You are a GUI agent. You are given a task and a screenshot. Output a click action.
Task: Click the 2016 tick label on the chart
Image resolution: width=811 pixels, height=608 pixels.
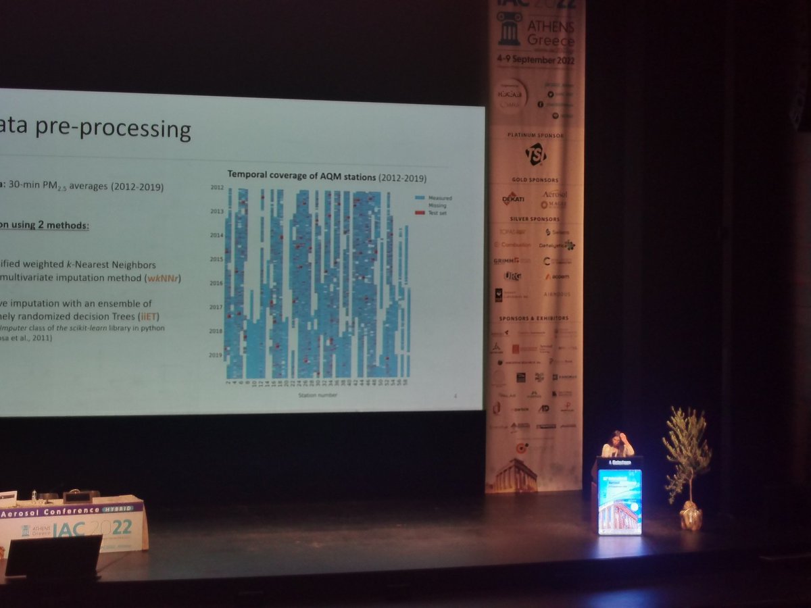pyautogui.click(x=216, y=283)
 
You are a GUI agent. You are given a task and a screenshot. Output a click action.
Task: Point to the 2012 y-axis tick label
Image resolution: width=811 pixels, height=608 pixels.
pyautogui.click(x=216, y=187)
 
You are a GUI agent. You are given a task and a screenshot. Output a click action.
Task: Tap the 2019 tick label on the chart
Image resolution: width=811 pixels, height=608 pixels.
pyautogui.click(x=216, y=355)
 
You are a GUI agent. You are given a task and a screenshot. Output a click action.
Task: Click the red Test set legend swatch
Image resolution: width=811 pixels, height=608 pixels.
pyautogui.click(x=419, y=213)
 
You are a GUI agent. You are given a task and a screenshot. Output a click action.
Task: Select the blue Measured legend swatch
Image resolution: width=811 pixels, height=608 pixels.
pyautogui.click(x=419, y=198)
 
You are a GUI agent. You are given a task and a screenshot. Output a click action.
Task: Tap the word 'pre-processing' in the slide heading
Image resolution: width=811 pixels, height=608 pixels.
pyautogui.click(x=135, y=129)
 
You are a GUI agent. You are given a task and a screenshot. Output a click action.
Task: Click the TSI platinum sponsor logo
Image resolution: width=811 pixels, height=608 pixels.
pyautogui.click(x=535, y=154)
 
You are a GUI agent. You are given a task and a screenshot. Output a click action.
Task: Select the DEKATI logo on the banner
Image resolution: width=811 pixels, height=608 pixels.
pyautogui.click(x=514, y=199)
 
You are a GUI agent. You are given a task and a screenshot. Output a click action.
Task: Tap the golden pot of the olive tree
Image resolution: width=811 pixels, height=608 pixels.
pyautogui.click(x=691, y=517)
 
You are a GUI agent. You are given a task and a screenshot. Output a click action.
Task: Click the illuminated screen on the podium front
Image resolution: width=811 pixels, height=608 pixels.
pyautogui.click(x=619, y=501)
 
